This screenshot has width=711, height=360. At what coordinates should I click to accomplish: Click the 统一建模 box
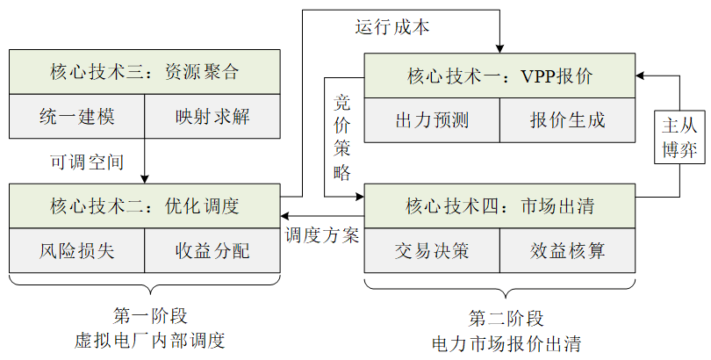point(76,116)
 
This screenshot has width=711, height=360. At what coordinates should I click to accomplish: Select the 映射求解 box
point(212,116)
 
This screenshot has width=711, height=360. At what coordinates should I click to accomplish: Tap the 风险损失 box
point(76,251)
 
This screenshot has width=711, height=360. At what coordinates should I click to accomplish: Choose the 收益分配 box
point(212,251)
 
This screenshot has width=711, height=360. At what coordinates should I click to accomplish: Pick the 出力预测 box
point(432,119)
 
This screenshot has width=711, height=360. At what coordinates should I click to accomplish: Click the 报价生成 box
point(567,119)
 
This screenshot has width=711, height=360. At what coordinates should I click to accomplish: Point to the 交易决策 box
point(432,251)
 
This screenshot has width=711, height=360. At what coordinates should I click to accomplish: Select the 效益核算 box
point(567,251)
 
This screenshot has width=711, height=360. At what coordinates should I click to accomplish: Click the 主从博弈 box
point(680,136)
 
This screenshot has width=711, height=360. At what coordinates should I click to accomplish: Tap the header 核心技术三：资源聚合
point(144,72)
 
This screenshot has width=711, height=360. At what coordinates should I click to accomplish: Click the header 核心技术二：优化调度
point(144,206)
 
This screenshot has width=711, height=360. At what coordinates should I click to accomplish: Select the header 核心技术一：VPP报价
point(499,76)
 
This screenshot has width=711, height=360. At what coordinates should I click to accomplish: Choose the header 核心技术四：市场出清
point(499,206)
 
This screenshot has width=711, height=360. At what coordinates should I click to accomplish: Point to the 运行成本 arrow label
point(392,27)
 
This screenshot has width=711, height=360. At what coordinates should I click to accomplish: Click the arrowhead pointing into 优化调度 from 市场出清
point(284,215)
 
